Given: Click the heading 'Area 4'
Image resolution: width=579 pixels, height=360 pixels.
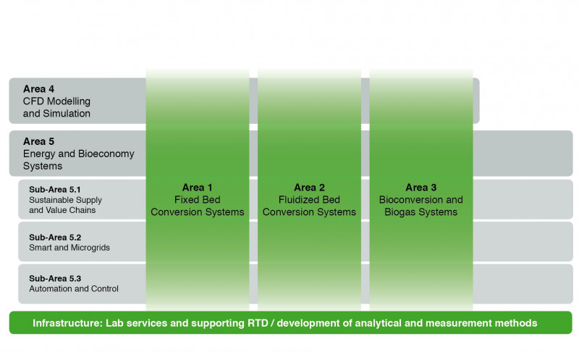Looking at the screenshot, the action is coord(38,89).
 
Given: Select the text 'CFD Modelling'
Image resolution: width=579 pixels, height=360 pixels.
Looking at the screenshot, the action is coord(56,101).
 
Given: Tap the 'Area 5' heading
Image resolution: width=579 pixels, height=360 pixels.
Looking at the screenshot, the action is coord(38,141).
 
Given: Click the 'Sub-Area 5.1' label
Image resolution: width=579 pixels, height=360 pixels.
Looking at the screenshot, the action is coord(55,190).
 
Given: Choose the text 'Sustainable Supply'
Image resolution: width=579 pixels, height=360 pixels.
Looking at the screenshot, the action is coord(65,200).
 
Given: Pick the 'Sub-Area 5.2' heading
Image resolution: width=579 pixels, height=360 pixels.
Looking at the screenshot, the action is coord(55,238).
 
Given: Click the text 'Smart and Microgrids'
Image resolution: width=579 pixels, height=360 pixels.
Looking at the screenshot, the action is coord(69,248).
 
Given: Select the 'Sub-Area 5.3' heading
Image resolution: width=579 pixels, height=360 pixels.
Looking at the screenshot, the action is coord(55,278).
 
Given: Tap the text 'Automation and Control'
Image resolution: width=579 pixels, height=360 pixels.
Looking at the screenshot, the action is coord(74,289).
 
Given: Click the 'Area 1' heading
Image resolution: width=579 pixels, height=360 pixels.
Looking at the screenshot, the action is coord(197,188).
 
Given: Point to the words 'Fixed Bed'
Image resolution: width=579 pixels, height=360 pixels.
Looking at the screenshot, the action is coord(197,200).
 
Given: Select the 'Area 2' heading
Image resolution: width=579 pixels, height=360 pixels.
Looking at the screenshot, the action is coord(309,188).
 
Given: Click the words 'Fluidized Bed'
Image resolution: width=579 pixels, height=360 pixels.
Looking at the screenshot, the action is coord(309,200).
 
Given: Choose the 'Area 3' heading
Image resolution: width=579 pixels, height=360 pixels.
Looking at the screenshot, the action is coord(421,188).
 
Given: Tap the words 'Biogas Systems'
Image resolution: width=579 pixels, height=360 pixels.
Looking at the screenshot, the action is coord(421,212).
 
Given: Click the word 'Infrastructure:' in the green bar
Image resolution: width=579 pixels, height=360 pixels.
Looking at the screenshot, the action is coord(67,323).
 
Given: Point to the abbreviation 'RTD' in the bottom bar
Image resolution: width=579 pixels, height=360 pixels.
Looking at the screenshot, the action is coord(258,323).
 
